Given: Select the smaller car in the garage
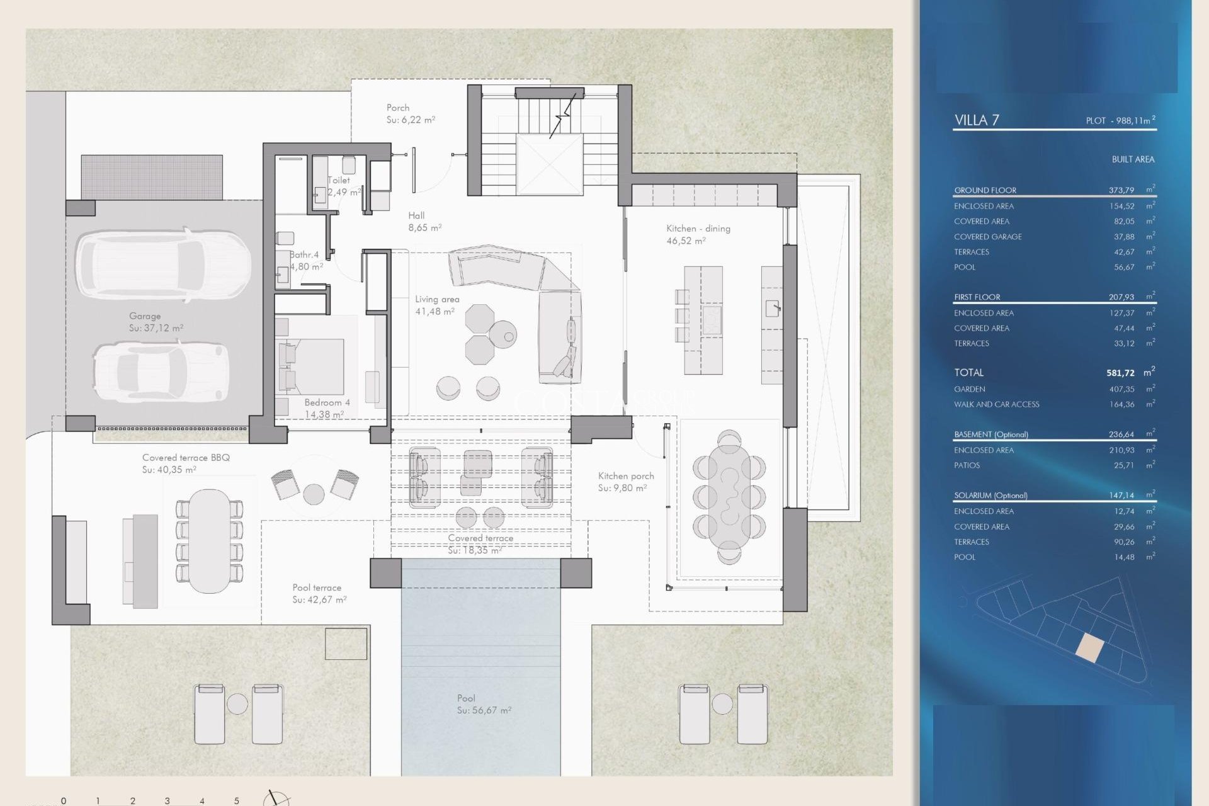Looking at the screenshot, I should (161, 372).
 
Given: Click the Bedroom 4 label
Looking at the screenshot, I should (326, 408).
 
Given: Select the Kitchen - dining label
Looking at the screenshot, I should (698, 234).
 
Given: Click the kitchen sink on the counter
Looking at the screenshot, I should (772, 308).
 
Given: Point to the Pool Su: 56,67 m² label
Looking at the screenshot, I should (484, 704).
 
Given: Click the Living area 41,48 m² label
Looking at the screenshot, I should (436, 305).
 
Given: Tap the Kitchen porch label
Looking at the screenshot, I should (625, 482).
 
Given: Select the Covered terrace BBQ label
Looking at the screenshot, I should (186, 463).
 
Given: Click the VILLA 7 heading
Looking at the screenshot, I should (976, 120).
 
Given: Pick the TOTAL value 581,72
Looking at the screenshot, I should (1120, 373).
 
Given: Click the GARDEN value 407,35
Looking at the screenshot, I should (1121, 389).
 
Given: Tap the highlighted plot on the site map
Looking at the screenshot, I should (1089, 648).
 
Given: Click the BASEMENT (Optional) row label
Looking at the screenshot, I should (990, 434).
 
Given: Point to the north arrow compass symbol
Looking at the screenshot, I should (276, 798).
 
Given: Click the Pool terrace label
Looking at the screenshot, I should (317, 593).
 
